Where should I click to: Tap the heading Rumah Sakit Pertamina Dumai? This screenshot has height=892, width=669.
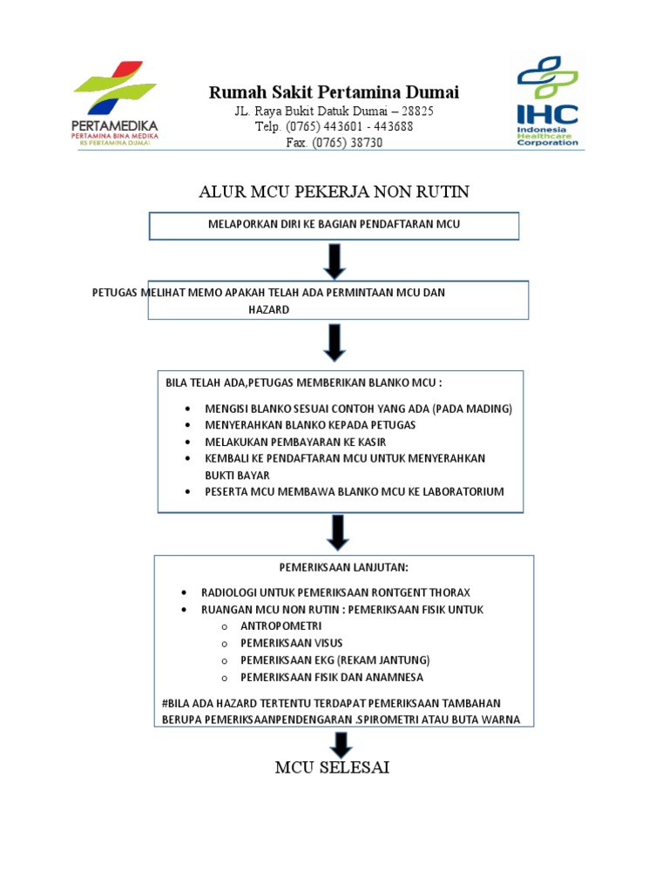[334, 92]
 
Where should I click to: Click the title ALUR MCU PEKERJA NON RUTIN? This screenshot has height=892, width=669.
[334, 192]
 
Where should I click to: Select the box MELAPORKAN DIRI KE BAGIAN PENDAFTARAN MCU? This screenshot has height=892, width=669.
[334, 225]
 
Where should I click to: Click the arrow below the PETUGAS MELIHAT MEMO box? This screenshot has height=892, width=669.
[334, 342]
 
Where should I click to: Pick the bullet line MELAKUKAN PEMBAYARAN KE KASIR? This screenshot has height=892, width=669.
[295, 442]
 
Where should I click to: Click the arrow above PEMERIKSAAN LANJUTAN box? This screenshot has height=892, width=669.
[334, 531]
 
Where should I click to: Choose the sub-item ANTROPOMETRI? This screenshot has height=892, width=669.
[281, 625]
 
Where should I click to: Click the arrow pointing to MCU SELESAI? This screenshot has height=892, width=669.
[341, 744]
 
